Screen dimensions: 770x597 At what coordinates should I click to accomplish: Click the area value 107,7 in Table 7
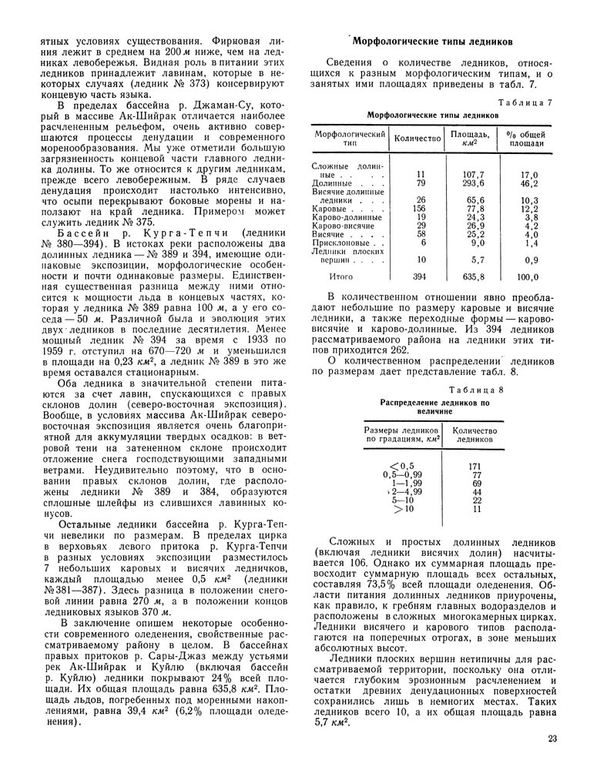pyautogui.click(x=469, y=175)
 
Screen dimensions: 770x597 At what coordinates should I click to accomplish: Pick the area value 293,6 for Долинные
pyautogui.click(x=469, y=183)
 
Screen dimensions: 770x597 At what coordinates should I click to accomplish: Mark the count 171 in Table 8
pyautogui.click(x=475, y=466)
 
